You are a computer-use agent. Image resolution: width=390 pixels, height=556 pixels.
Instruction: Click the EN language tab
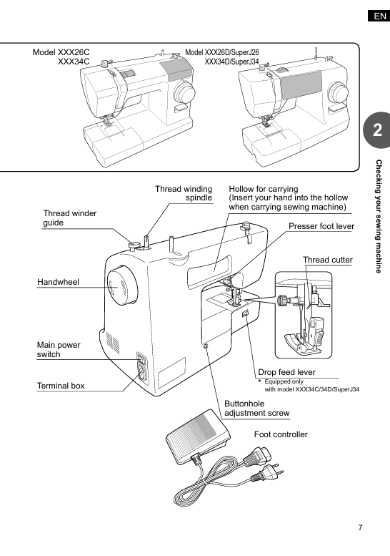pos(379,16)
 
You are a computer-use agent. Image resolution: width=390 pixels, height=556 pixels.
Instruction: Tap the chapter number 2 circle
pos(377,130)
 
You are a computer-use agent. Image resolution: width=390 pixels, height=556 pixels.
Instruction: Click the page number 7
pos(360,527)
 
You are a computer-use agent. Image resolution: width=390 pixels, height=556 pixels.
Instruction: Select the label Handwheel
pos(58,282)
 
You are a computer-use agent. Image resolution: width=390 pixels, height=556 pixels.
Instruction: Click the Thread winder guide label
pos(70,218)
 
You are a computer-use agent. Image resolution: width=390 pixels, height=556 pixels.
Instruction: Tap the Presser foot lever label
pos(321,226)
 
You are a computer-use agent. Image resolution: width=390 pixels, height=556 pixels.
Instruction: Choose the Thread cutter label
pos(328,260)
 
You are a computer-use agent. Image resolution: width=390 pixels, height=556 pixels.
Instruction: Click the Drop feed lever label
pos(286,372)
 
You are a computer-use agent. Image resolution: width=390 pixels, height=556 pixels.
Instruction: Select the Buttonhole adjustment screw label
pos(257,409)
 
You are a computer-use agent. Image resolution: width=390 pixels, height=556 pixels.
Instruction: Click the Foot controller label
pos(281,434)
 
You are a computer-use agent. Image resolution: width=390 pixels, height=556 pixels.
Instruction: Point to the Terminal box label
pos(61,386)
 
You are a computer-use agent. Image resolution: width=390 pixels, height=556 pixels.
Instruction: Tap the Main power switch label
pos(59,350)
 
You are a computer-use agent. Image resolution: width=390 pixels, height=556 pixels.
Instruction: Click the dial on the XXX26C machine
pos(184,92)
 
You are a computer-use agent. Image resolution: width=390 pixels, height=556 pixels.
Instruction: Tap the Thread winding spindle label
pos(184,193)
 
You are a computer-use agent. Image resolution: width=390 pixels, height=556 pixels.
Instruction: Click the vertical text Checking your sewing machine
pos(379,216)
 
